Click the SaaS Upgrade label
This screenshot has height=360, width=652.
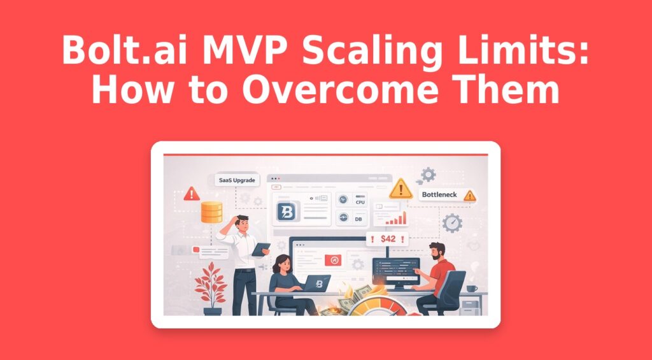click(237, 180)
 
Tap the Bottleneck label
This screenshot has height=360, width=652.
click(440, 194)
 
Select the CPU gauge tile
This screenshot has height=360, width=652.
click(351, 201)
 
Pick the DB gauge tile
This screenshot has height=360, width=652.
click(351, 219)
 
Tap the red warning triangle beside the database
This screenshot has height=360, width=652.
click(191, 194)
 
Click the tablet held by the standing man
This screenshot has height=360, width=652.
click(261, 249)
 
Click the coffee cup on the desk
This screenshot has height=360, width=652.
click(471, 288)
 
